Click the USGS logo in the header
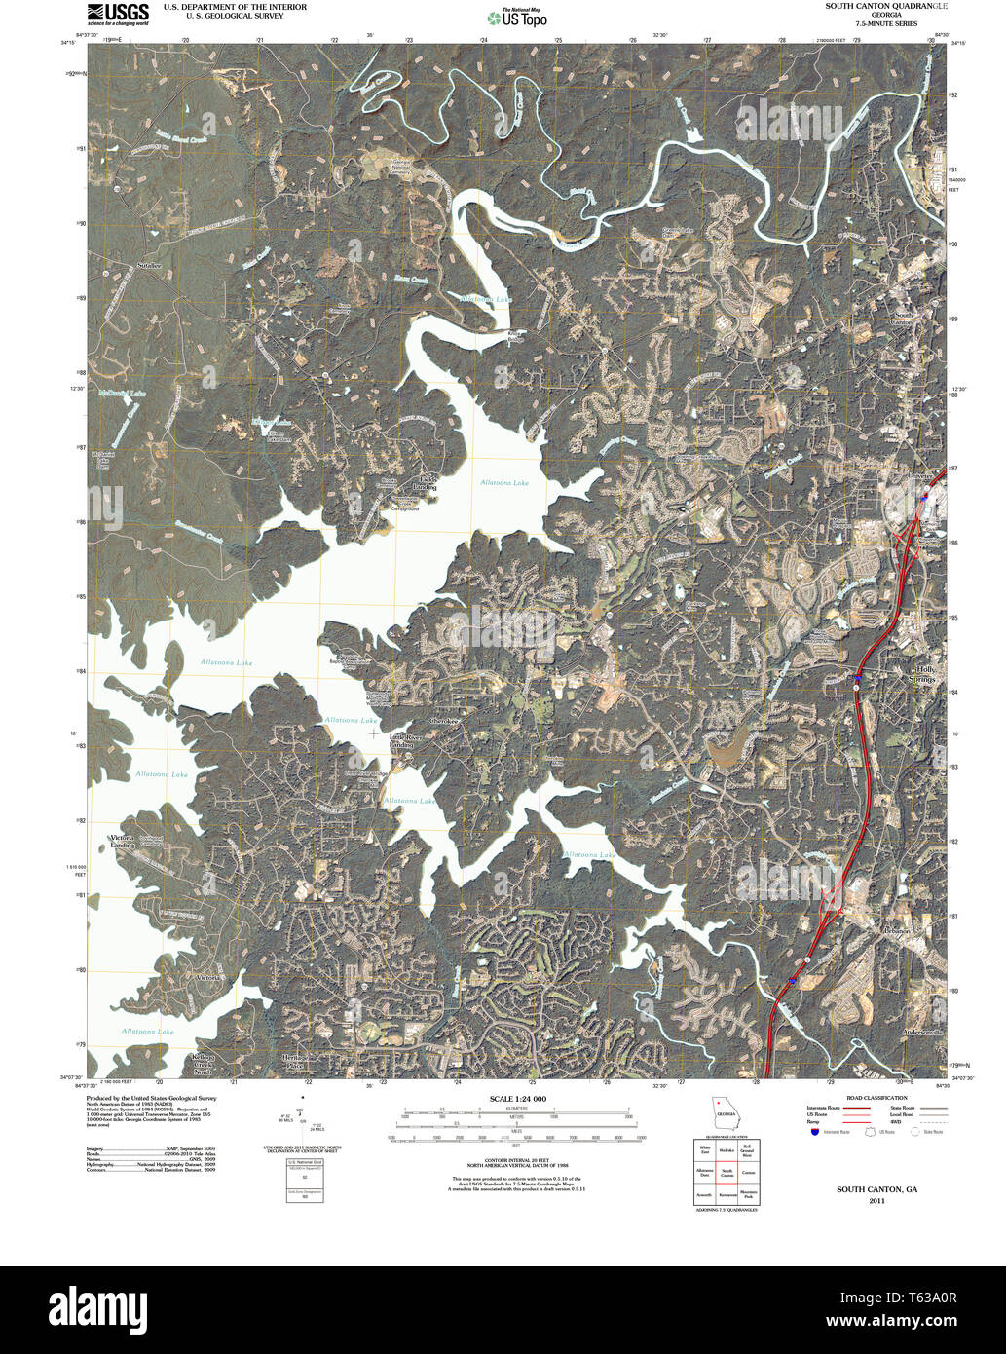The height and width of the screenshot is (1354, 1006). (118, 13)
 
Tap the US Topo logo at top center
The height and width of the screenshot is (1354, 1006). (517, 18)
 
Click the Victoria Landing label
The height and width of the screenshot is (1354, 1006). (122, 841)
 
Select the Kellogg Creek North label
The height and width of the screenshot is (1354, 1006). (202, 1065)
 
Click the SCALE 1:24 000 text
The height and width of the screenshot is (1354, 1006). (518, 1099)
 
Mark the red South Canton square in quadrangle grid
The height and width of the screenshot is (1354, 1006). (727, 1174)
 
